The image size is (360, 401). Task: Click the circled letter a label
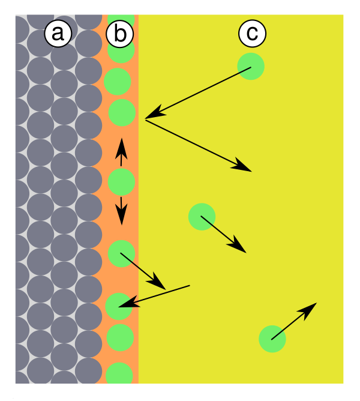pyautogui.click(x=58, y=34)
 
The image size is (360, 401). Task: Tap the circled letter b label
pyautogui.click(x=119, y=34)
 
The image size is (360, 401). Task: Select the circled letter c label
pyautogui.click(x=253, y=34)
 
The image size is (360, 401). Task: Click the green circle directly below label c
pyautogui.click(x=251, y=67)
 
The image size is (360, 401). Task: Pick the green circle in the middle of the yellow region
pyautogui.click(x=202, y=217)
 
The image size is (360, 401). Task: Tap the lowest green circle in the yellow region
pyautogui.click(x=272, y=339)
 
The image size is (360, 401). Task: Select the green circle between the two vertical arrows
pyautogui.click(x=121, y=182)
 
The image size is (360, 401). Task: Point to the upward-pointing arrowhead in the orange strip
pyautogui.click(x=121, y=149)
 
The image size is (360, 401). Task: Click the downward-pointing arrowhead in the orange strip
pyautogui.click(x=121, y=215)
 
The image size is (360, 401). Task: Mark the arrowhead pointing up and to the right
pyautogui.click(x=308, y=310)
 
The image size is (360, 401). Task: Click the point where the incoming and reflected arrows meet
pyautogui.click(x=145, y=119)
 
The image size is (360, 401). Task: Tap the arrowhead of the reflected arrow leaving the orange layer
pyautogui.click(x=242, y=165)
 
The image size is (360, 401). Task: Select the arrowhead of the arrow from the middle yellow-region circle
pyautogui.click(x=237, y=246)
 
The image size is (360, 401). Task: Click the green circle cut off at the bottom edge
pyautogui.click(x=119, y=374)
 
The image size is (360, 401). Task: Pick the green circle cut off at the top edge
pyautogui.click(x=121, y=20)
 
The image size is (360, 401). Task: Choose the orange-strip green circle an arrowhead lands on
pyautogui.click(x=119, y=306)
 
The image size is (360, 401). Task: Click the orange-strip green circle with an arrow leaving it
pyautogui.click(x=121, y=253)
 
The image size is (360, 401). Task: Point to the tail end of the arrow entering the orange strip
pyautogui.click(x=190, y=285)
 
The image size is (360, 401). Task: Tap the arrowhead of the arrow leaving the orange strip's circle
pyautogui.click(x=157, y=282)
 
